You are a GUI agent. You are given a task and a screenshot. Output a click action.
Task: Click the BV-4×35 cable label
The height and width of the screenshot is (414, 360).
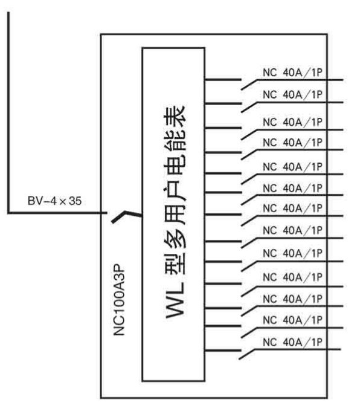[54, 201]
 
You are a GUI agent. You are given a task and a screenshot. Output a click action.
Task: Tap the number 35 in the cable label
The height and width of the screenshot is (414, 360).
[75, 201]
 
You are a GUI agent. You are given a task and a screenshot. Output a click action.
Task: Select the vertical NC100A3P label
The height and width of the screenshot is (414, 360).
[119, 299]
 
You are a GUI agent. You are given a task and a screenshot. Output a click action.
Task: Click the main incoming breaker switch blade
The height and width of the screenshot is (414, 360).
[126, 216]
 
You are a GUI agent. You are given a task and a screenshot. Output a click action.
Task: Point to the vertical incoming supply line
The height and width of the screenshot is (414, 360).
[8, 112]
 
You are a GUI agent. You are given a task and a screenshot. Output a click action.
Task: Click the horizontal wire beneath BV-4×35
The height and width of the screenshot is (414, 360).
[57, 213]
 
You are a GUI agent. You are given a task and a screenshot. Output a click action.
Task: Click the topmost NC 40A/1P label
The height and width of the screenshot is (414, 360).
[293, 73]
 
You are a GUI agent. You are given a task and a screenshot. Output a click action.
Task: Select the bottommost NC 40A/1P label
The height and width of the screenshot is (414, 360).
[293, 342]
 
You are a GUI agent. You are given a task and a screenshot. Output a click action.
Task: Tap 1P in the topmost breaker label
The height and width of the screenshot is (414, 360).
[317, 73]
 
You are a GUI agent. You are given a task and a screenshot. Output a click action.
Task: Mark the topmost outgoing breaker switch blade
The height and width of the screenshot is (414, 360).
[249, 85]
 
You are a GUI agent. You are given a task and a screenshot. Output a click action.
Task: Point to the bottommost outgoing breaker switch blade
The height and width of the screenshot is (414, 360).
[246, 354]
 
